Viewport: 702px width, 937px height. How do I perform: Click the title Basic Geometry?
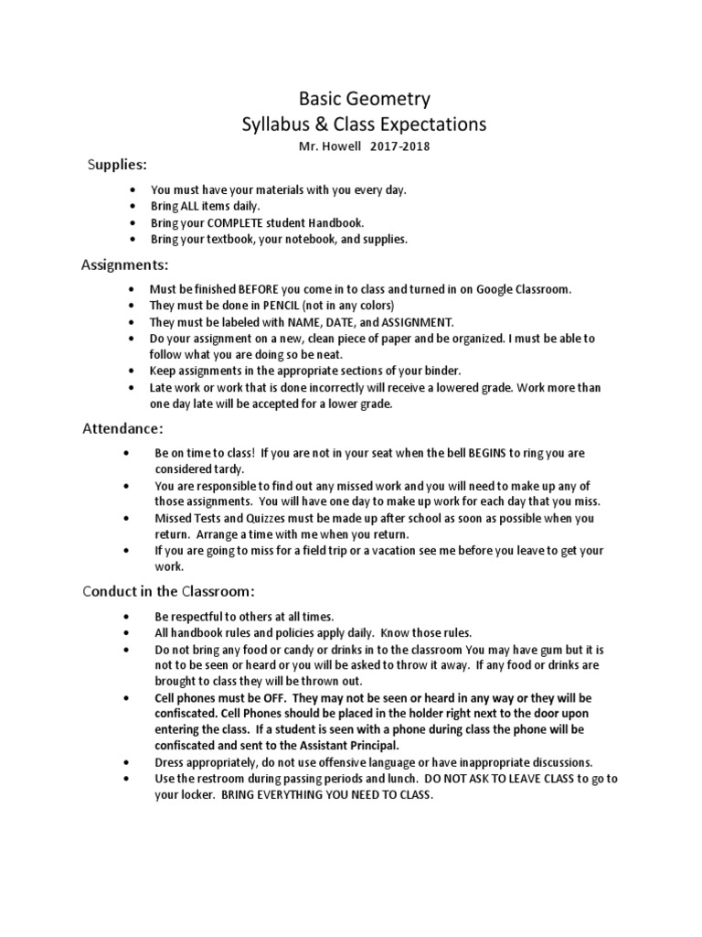point(352,99)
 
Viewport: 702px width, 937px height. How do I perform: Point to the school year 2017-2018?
point(398,146)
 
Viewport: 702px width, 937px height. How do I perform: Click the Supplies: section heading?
point(116,165)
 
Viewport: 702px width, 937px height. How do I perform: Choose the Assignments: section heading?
point(124,265)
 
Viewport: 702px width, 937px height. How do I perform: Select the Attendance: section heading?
point(123,428)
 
